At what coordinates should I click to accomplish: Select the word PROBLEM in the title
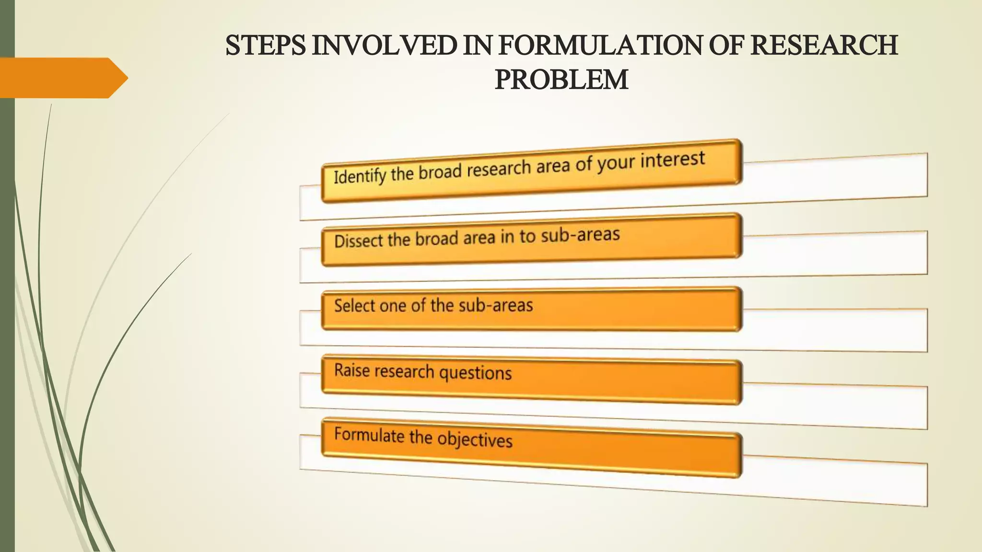click(561, 80)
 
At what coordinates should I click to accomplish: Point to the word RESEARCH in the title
click(824, 46)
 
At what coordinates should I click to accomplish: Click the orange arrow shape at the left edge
click(62, 78)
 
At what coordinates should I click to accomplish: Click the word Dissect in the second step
click(359, 241)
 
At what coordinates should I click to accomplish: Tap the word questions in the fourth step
click(475, 373)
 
